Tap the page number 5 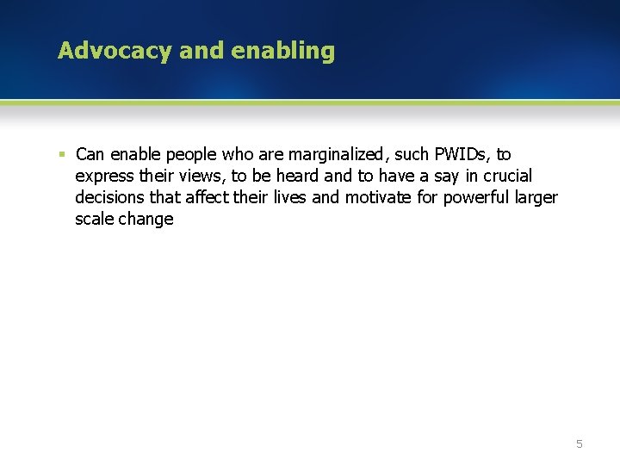click(579, 443)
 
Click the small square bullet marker click(61, 155)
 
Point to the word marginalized click(336, 155)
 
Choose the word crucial click(502, 177)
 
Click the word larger click(537, 198)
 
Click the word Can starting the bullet click(90, 155)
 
